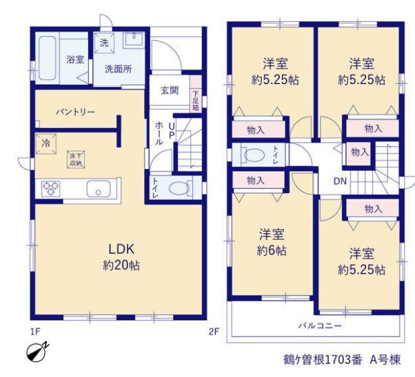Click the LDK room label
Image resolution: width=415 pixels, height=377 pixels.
122,249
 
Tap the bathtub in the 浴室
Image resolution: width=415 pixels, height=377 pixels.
48,58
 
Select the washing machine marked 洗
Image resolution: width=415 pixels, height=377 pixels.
104,43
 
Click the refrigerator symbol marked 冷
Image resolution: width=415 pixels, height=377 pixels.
46,143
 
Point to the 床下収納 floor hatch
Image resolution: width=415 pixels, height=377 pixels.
76,159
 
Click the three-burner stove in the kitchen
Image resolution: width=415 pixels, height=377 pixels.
50,189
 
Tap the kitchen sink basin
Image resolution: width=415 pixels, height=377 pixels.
99,189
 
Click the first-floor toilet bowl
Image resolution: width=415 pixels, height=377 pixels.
179,188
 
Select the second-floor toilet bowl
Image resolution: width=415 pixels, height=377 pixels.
254,155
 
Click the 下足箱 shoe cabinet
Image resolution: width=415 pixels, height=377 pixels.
196,94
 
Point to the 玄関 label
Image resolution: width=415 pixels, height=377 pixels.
170,90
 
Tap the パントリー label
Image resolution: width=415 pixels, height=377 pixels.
75,112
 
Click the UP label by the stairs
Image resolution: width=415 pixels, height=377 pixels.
172,131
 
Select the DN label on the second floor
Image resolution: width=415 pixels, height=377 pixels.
340,181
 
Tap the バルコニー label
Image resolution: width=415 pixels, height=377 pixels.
320,325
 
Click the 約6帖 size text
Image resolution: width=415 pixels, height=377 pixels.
272,251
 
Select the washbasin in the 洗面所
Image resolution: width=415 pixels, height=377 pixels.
134,40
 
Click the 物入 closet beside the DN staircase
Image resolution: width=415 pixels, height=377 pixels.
360,153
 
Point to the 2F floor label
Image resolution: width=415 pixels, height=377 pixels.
214,332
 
